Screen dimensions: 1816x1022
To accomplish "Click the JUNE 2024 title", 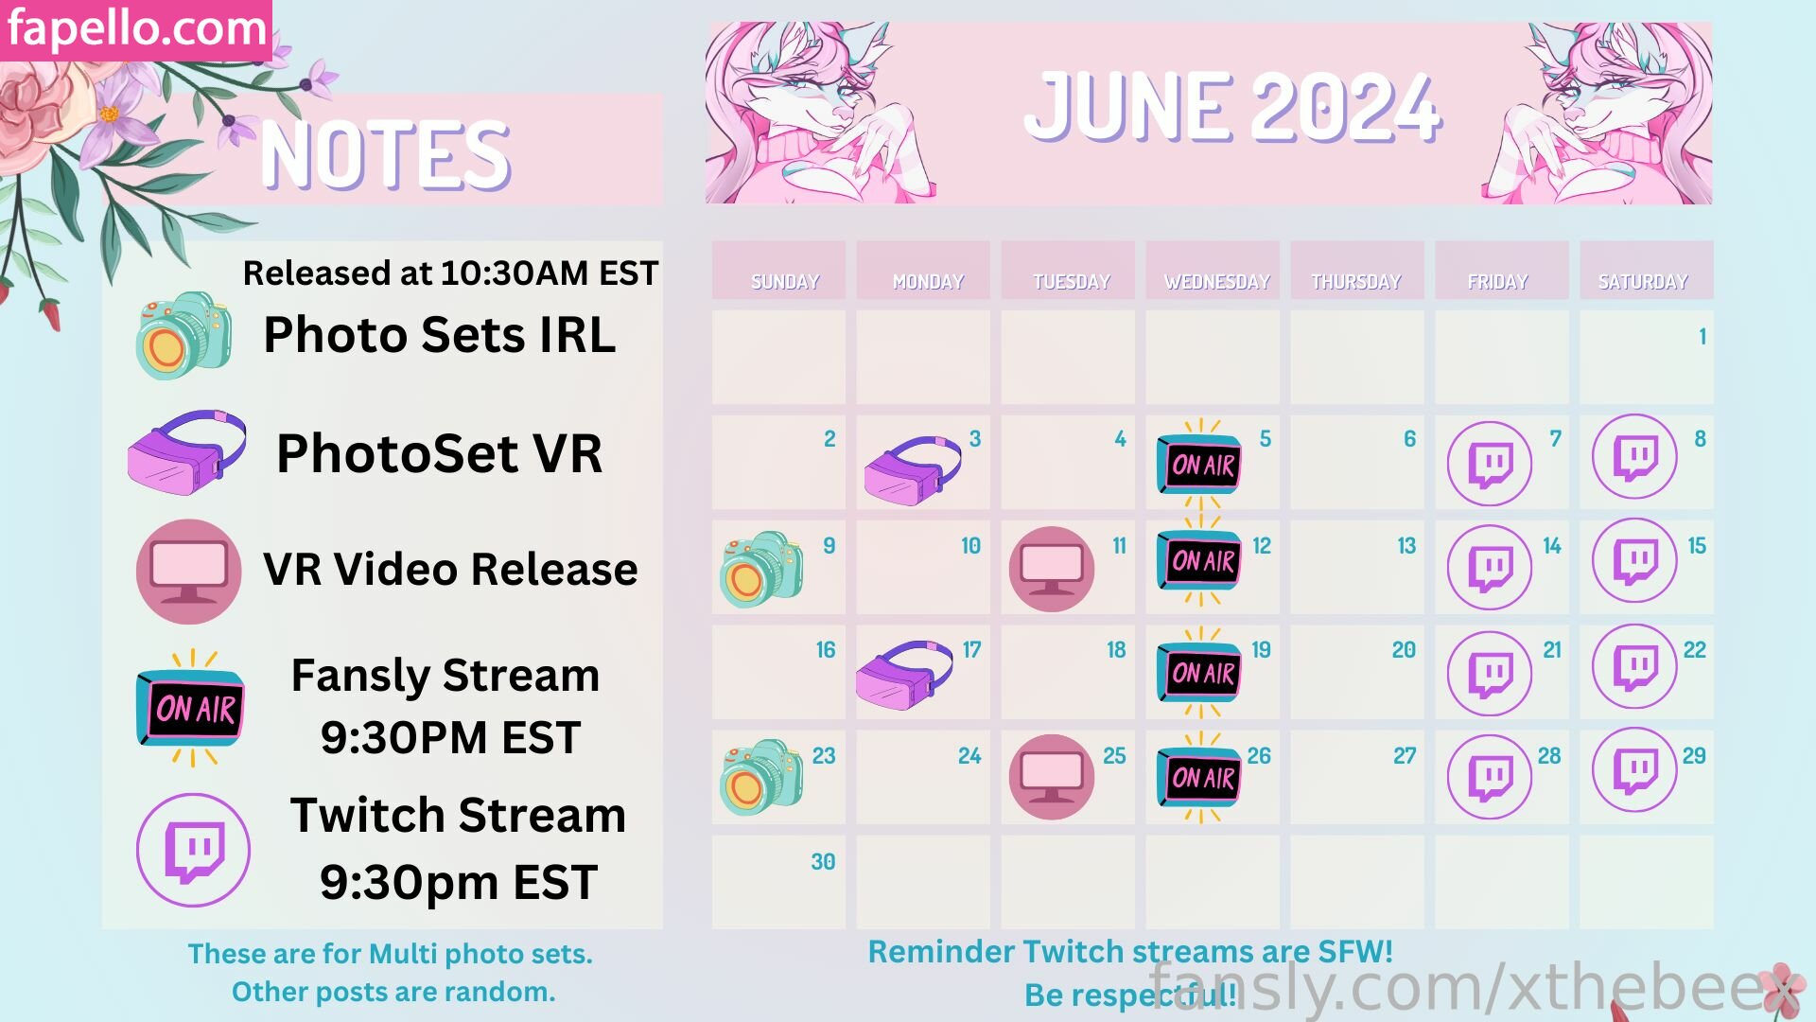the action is (1232, 108).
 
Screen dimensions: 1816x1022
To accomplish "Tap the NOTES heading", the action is (385, 155).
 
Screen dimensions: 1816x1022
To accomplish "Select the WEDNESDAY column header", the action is (1216, 282).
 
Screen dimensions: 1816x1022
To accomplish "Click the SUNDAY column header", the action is (785, 282).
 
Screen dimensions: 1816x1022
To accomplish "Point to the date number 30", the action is (823, 862).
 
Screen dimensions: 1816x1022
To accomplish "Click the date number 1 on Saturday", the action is (1702, 336).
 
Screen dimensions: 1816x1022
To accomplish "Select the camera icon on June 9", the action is (762, 569).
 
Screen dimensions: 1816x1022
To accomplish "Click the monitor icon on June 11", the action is (1052, 569).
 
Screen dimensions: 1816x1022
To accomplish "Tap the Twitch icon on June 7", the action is (1490, 464).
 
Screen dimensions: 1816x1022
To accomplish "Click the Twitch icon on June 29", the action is (1634, 769).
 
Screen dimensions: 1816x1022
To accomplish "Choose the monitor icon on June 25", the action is (1052, 777).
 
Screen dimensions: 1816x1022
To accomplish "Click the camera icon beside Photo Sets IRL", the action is (184, 335).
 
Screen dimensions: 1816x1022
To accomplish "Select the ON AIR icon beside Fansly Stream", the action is (192, 708).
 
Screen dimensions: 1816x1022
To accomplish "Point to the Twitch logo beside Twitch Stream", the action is (194, 850).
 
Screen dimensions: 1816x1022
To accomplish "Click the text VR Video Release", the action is (450, 570).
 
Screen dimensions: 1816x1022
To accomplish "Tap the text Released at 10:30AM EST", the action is (450, 273).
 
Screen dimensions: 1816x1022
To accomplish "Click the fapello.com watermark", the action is (136, 29).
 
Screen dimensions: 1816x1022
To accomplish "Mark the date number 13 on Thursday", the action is (1406, 546).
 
